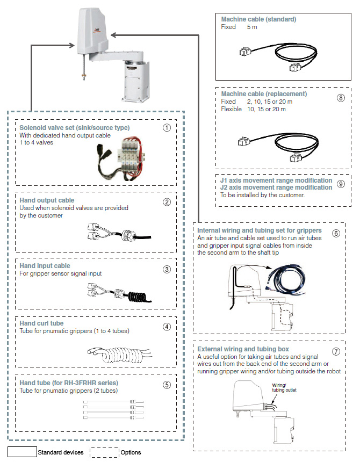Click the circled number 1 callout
(167, 128)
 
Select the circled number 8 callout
(340, 98)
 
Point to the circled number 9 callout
(341, 184)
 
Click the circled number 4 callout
(167, 326)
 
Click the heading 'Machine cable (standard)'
(258, 19)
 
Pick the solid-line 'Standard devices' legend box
(22, 451)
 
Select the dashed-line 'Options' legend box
(103, 451)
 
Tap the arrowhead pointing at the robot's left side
(73, 46)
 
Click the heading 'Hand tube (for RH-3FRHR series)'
(69, 384)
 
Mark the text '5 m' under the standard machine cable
(251, 27)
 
